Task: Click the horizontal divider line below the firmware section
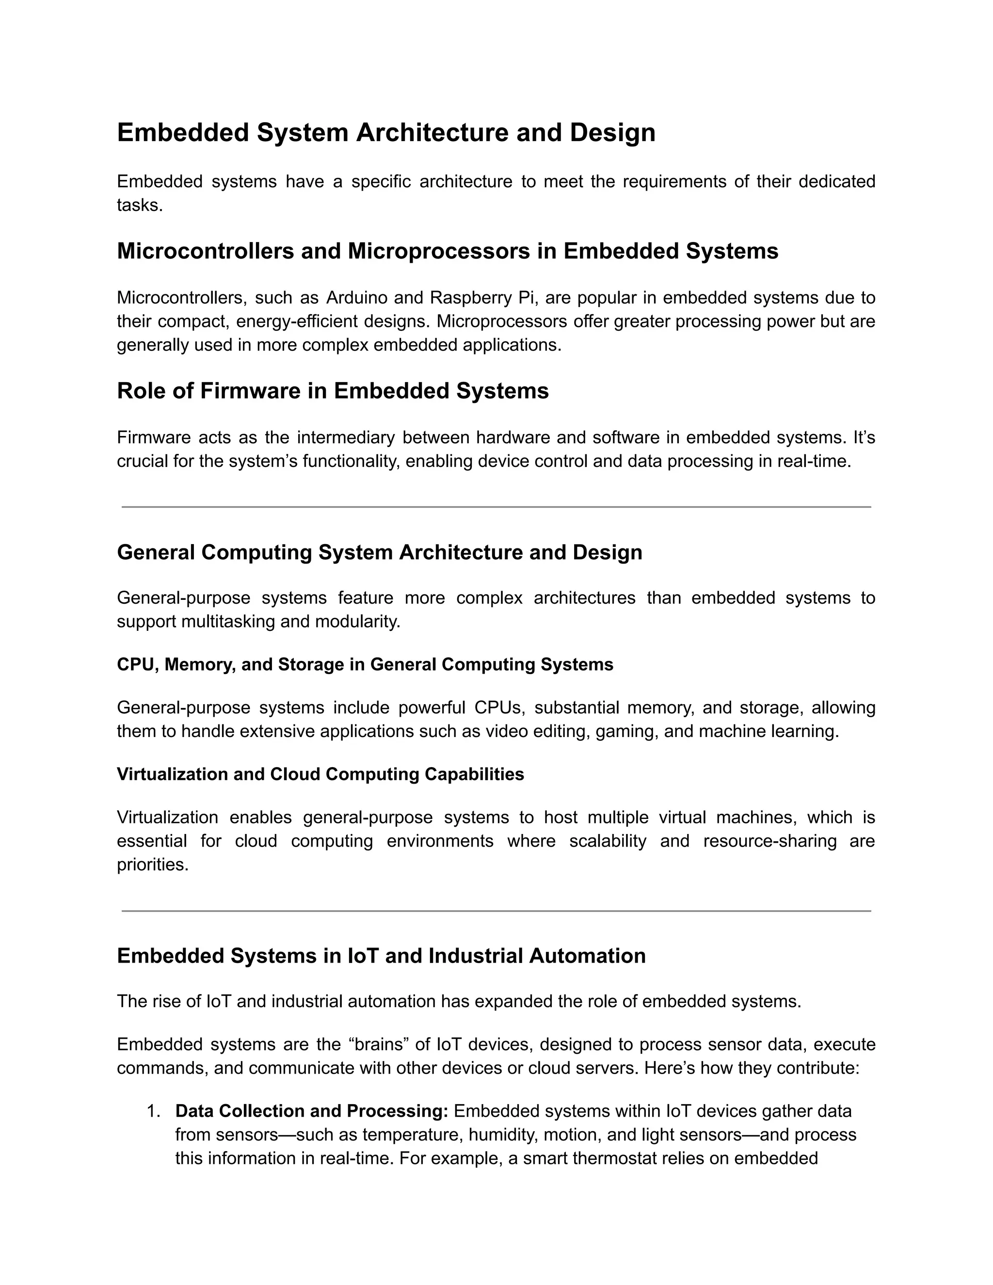(496, 507)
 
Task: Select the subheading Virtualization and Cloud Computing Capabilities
(320, 774)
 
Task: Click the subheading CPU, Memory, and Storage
(365, 665)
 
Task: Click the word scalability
(607, 841)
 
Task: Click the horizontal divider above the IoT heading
(496, 911)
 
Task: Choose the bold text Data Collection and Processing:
(312, 1111)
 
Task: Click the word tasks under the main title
(140, 205)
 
